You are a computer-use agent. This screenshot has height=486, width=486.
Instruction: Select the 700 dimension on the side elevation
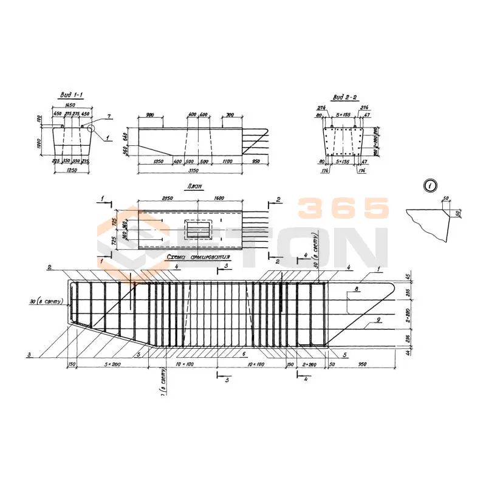pos(230,115)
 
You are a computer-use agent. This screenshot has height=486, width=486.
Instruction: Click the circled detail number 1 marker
pos(430,186)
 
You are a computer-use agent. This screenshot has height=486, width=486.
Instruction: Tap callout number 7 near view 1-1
pos(108,115)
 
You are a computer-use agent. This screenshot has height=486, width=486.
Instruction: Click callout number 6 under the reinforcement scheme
pos(243,354)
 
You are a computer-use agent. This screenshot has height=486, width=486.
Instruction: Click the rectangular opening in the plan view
pos(198,229)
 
